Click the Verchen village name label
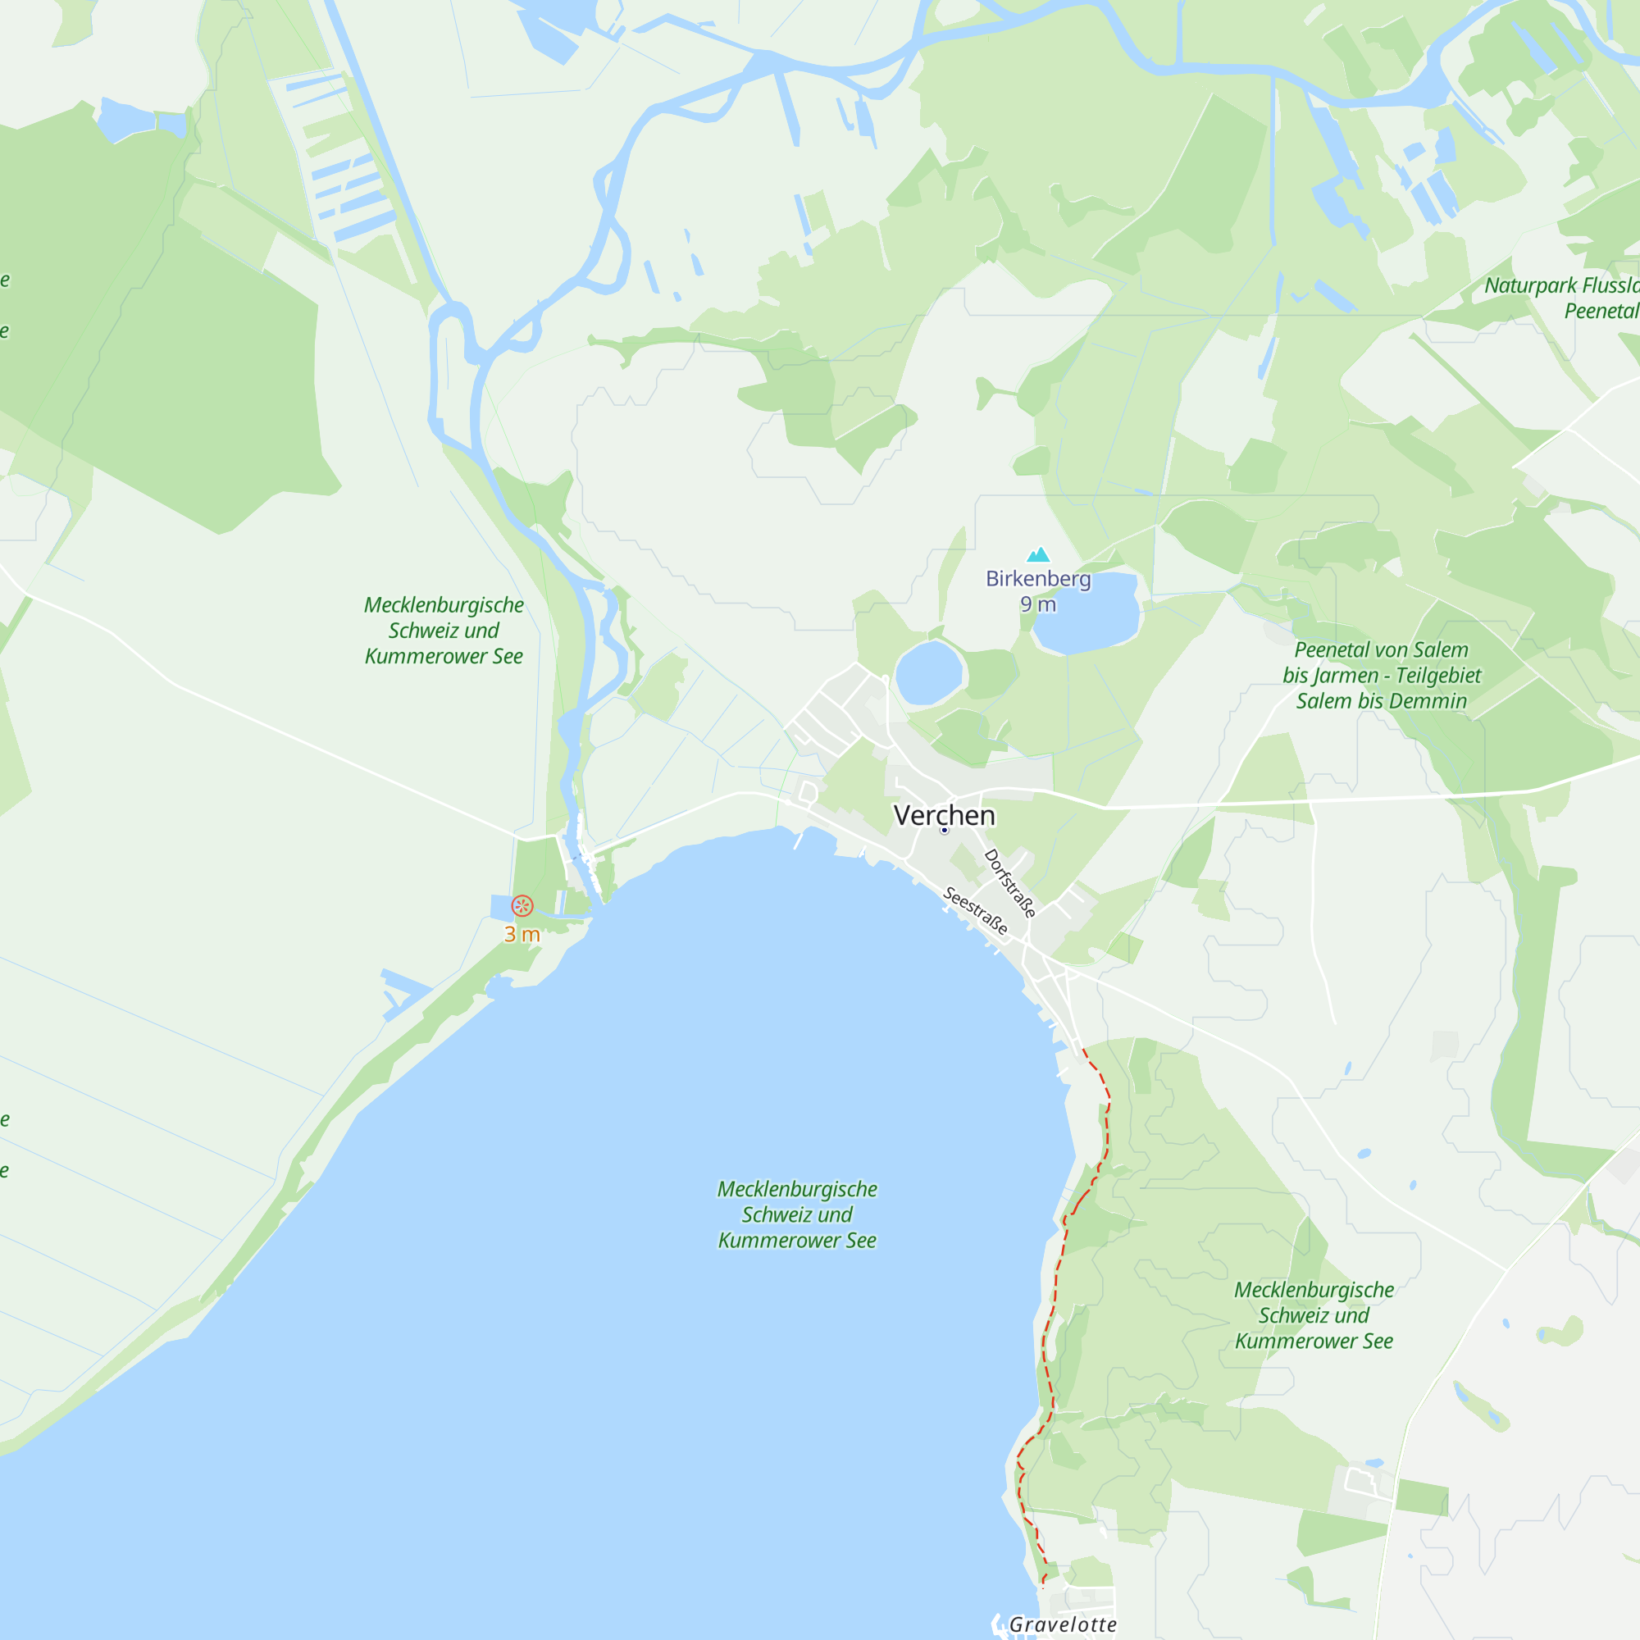pyautogui.click(x=944, y=815)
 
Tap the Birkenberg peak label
pyautogui.click(x=1037, y=579)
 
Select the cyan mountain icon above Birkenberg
pyautogui.click(x=1038, y=555)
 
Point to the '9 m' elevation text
pyautogui.click(x=1037, y=604)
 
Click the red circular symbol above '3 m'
pyautogui.click(x=522, y=906)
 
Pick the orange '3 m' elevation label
pyautogui.click(x=522, y=934)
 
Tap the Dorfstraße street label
pyautogui.click(x=1010, y=883)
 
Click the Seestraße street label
pyautogui.click(x=976, y=911)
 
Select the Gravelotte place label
pyautogui.click(x=1063, y=1624)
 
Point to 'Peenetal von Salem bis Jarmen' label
pyautogui.click(x=1381, y=675)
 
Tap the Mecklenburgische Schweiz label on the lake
pyautogui.click(x=797, y=1214)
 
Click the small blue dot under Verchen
pyautogui.click(x=944, y=830)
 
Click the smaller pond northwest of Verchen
pyautogui.click(x=929, y=672)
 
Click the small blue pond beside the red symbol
pyautogui.click(x=501, y=907)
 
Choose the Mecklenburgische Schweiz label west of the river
pyautogui.click(x=444, y=630)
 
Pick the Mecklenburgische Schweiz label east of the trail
pyautogui.click(x=1313, y=1315)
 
